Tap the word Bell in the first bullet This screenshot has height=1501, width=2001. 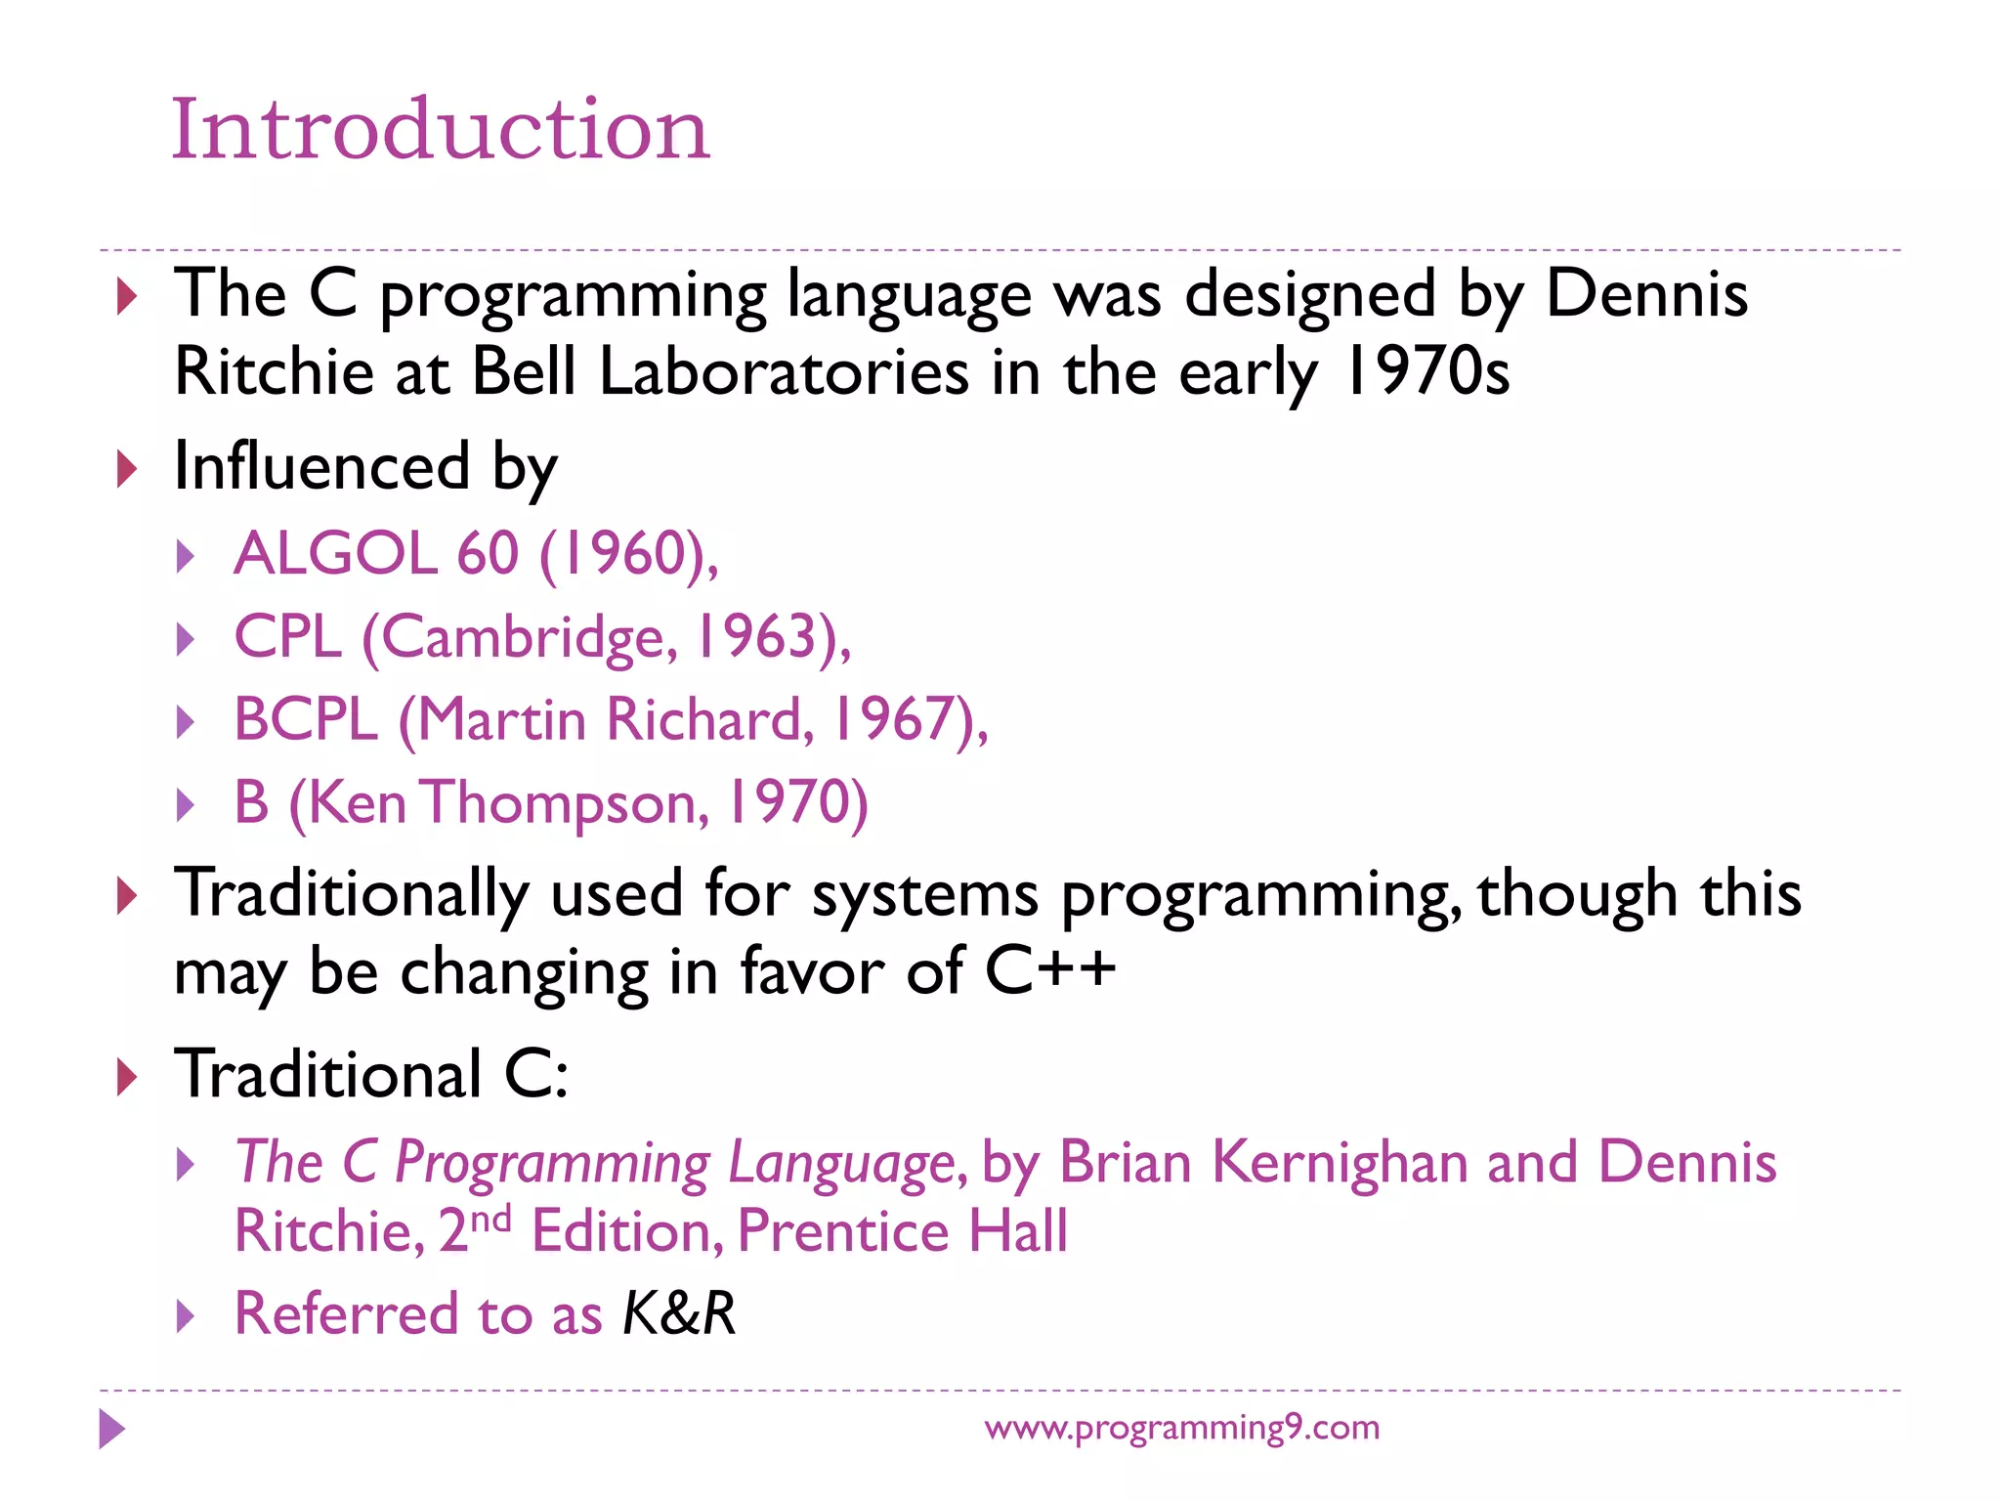coord(524,373)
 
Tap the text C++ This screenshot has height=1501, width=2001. coord(1049,970)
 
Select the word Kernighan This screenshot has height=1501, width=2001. coord(1340,1163)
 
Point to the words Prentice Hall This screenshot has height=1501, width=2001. coord(902,1230)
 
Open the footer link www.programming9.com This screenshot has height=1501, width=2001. coord(1181,1428)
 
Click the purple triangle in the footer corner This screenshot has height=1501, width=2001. coord(112,1429)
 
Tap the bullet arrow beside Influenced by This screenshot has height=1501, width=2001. coord(127,469)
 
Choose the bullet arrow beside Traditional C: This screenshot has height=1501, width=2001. coord(127,1077)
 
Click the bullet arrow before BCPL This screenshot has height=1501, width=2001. coord(186,723)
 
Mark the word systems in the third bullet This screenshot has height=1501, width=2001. coord(924,894)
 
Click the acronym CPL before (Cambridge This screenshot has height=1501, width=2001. coord(288,637)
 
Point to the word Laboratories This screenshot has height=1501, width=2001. coord(783,373)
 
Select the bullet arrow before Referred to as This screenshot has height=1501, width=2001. coord(186,1316)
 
